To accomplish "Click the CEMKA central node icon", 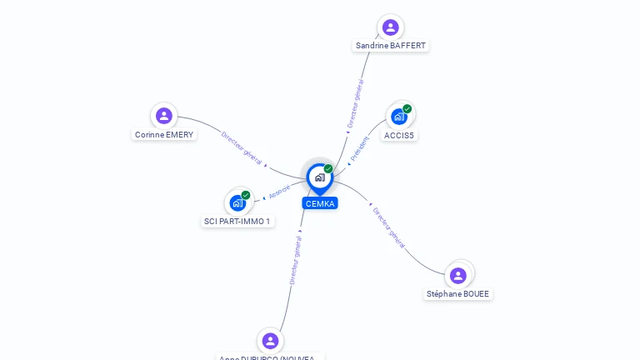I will point(319,177).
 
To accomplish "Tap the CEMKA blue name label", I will point(320,203).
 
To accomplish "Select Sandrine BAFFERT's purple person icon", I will point(390,27).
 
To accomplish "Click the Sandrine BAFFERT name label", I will point(391,46).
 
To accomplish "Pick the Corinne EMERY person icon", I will point(164,116).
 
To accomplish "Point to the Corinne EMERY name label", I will point(164,134).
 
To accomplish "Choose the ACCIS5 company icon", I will point(399,117).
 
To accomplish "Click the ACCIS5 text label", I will point(399,135).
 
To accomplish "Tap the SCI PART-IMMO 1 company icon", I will point(237,202).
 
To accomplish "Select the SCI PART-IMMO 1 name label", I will point(237,222).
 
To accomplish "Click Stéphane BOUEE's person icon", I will point(458,275).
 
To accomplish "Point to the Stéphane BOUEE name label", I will point(458,294).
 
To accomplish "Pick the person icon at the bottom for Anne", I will point(270,341).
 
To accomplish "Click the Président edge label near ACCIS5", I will point(359,148).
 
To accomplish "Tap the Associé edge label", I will point(280,191).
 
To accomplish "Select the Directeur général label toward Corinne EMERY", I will point(242,148).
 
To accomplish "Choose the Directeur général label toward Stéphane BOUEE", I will point(389,227).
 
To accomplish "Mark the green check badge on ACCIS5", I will point(407,108).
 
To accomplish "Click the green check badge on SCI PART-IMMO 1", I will point(246,195).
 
